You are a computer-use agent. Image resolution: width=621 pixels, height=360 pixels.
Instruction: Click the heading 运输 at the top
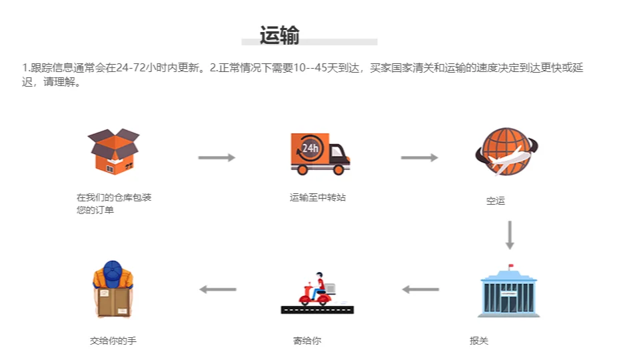click(x=279, y=35)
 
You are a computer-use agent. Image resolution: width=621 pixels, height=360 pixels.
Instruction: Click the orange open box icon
click(x=113, y=151)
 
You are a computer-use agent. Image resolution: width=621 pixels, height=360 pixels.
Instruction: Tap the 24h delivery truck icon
click(x=320, y=153)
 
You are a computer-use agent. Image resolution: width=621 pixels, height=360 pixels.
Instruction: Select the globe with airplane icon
click(x=506, y=151)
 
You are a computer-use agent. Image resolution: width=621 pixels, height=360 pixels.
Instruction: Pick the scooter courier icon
click(x=317, y=294)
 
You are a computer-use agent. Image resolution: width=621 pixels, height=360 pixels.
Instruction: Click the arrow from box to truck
click(x=217, y=157)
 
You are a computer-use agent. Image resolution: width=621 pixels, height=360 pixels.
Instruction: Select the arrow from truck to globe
click(x=419, y=157)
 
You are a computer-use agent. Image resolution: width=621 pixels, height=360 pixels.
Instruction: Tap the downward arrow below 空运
click(x=510, y=235)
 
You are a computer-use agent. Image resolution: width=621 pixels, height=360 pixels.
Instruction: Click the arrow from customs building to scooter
click(x=420, y=289)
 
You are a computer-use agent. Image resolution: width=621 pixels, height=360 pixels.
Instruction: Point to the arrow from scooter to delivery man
click(x=218, y=289)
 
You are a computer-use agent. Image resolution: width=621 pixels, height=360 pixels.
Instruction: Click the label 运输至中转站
click(x=318, y=197)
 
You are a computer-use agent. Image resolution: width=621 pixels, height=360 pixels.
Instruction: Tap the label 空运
click(x=496, y=201)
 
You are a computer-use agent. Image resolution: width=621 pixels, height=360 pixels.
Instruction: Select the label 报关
click(x=479, y=341)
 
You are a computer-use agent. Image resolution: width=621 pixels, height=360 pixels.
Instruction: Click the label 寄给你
click(x=307, y=341)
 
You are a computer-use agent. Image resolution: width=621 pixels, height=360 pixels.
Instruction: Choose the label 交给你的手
click(x=113, y=341)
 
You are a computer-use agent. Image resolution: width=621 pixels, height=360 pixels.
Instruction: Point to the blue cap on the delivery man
click(x=113, y=269)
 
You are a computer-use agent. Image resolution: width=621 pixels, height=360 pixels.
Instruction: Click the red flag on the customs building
click(x=511, y=267)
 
